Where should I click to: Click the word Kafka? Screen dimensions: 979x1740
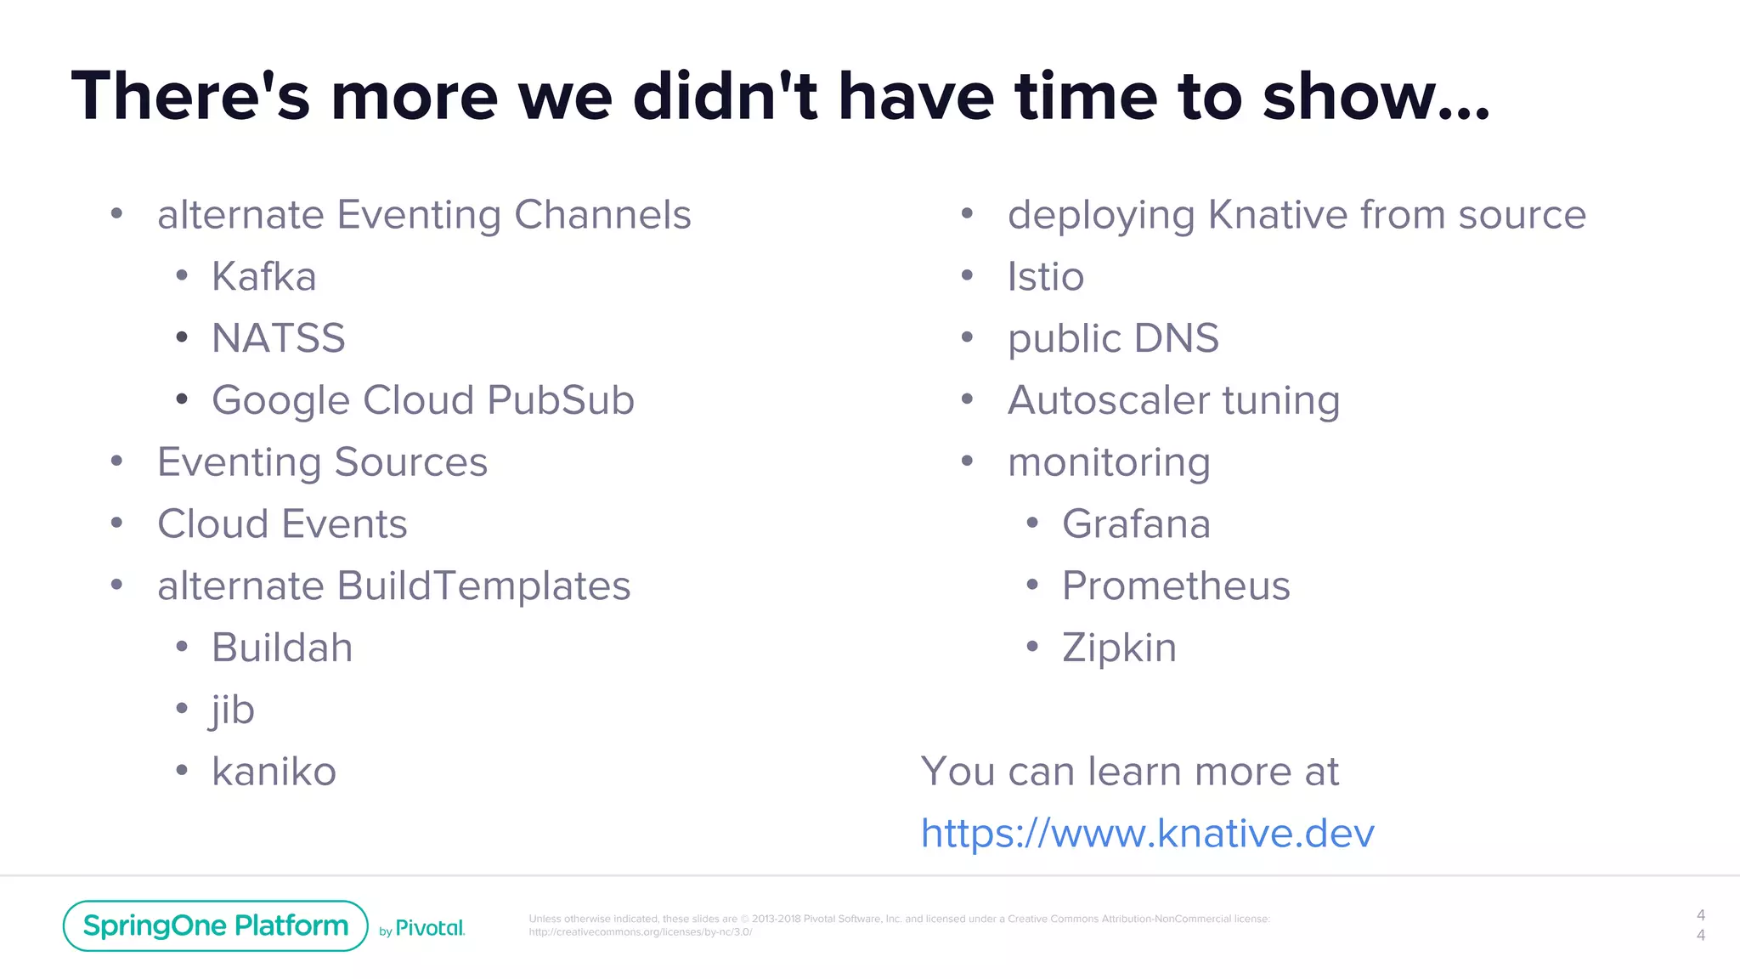tap(263, 277)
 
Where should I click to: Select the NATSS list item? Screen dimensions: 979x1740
tap(278, 338)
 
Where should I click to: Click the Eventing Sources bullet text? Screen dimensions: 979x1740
tap(322, 462)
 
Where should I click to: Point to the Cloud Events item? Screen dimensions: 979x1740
tap(282, 524)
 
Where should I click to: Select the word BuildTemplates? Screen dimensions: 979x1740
tap(483, 586)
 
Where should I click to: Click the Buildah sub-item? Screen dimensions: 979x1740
tap(282, 648)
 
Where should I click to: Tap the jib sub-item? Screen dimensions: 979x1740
tap(233, 710)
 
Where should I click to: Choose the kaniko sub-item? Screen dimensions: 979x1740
tap(274, 772)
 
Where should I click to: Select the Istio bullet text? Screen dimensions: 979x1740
tap(1045, 277)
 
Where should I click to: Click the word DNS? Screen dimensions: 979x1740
tap(1176, 338)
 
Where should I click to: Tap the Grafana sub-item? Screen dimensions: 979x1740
tap(1135, 524)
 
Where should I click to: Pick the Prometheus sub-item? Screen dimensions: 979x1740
tap(1176, 586)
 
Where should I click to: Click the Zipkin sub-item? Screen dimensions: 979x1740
tap(1119, 648)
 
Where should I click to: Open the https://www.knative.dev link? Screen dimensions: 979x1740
tap(1147, 834)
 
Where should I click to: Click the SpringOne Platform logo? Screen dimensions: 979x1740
tap(215, 925)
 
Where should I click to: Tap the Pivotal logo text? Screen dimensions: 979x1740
tap(429, 928)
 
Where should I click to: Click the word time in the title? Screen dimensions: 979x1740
tap(1085, 96)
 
